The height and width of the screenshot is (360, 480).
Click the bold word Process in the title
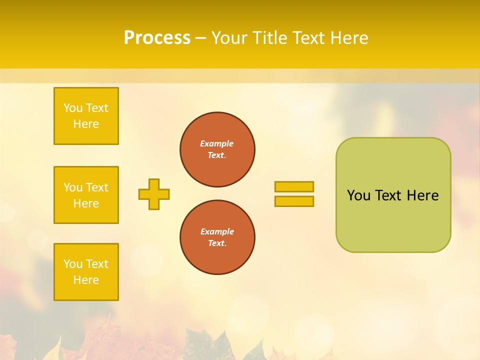(x=157, y=38)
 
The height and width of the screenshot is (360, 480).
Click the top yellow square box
(x=86, y=116)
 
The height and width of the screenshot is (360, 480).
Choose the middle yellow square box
(x=86, y=195)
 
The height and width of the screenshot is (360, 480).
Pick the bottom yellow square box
(x=86, y=272)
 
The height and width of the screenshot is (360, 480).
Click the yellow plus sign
(x=154, y=194)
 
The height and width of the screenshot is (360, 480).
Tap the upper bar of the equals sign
(x=294, y=187)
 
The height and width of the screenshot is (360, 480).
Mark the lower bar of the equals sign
(x=294, y=201)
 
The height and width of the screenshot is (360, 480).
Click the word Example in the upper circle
(x=217, y=143)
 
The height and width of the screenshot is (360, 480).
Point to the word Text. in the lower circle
(x=217, y=243)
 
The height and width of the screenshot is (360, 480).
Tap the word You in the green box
(x=358, y=195)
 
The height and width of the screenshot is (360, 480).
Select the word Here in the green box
(x=422, y=195)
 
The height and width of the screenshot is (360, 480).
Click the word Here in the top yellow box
(x=86, y=124)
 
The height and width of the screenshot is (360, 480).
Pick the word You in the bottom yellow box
(x=73, y=264)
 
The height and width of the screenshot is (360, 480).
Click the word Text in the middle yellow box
(x=97, y=187)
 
